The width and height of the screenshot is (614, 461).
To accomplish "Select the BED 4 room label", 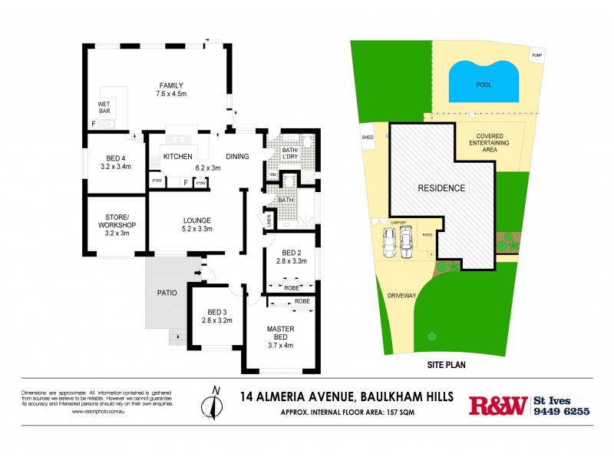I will point(116,157).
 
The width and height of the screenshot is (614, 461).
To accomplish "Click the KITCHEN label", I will point(177,157).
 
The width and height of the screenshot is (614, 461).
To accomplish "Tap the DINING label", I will point(238,157).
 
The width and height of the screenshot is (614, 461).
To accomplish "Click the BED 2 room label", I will point(290,253).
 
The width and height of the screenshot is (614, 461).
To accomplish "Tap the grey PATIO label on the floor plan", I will point(167,293).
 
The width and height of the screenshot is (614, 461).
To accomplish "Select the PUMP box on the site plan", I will point(536,55).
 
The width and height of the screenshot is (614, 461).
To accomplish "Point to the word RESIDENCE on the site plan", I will point(441,187).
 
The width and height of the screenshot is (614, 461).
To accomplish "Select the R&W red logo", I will point(498,406).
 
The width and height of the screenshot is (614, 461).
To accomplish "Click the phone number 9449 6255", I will point(561,411).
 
